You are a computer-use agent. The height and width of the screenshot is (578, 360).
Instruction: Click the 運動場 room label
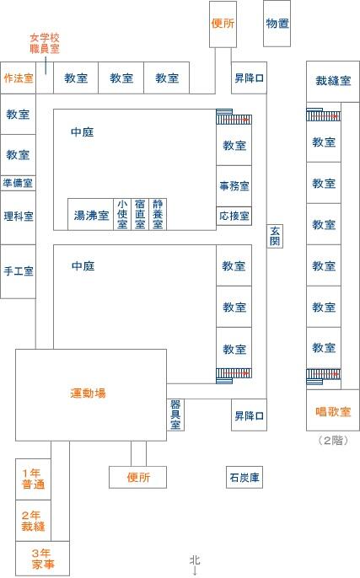point(88,393)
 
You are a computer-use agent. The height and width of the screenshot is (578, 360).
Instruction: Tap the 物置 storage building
point(277,24)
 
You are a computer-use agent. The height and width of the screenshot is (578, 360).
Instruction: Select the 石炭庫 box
point(244,478)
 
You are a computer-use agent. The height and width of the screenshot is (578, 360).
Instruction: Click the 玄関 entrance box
point(275,236)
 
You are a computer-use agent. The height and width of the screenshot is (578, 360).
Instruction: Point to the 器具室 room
point(175,415)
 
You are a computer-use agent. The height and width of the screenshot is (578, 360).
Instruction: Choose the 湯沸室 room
point(90,214)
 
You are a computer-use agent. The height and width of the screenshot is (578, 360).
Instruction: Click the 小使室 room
point(122,214)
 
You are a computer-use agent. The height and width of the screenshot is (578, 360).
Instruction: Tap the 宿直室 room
point(140,214)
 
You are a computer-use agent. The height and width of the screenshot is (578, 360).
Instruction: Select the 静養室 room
point(158,214)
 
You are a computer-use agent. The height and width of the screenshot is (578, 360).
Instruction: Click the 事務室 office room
point(234,185)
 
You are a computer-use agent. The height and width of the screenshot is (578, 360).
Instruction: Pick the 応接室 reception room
point(234,216)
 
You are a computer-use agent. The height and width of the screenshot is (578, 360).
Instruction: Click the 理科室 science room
point(18,217)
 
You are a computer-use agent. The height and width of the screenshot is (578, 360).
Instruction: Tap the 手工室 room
point(18,271)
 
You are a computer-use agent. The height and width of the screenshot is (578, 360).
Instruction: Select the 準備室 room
point(18,183)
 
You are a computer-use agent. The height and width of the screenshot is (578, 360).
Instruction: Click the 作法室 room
point(18,78)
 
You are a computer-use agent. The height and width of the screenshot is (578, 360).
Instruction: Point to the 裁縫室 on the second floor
point(333,82)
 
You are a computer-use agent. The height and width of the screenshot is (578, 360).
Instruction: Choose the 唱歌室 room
point(333,410)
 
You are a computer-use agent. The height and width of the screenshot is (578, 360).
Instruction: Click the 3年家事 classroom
point(42,558)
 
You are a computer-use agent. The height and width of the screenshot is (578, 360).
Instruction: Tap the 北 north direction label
point(195,560)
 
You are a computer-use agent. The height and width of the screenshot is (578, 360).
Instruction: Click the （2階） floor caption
point(333,440)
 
